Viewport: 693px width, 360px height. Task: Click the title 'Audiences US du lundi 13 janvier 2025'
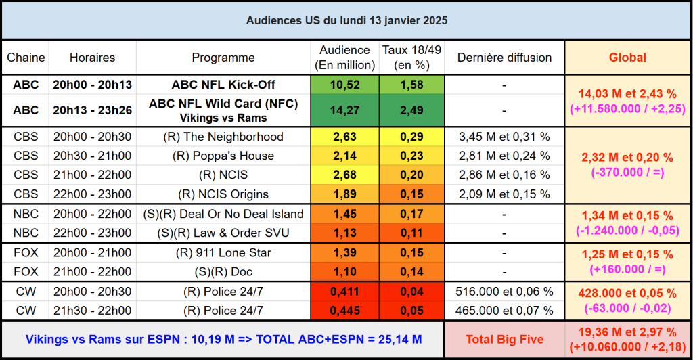[x=346, y=21]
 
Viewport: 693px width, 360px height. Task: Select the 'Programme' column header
[x=223, y=58]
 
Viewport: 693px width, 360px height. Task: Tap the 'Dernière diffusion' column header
[x=504, y=58]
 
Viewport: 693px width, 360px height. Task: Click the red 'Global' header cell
[x=627, y=58]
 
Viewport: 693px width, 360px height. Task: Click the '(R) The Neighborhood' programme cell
[x=223, y=137]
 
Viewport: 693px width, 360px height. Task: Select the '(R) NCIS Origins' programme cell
[x=223, y=194]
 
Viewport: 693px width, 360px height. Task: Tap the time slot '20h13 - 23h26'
[x=92, y=110]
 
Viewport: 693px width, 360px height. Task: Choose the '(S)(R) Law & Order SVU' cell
[x=223, y=233]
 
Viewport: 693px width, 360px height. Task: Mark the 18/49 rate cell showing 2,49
[x=412, y=110]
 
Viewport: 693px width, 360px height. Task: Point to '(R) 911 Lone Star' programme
[x=223, y=252]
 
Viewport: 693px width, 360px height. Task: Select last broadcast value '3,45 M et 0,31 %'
[x=504, y=137]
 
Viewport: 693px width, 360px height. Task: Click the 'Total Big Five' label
[x=505, y=339]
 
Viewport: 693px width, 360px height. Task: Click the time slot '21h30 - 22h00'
[x=92, y=311]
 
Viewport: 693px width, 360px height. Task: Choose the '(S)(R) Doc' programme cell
[x=223, y=272]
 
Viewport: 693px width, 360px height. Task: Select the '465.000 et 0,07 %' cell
[x=504, y=311]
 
